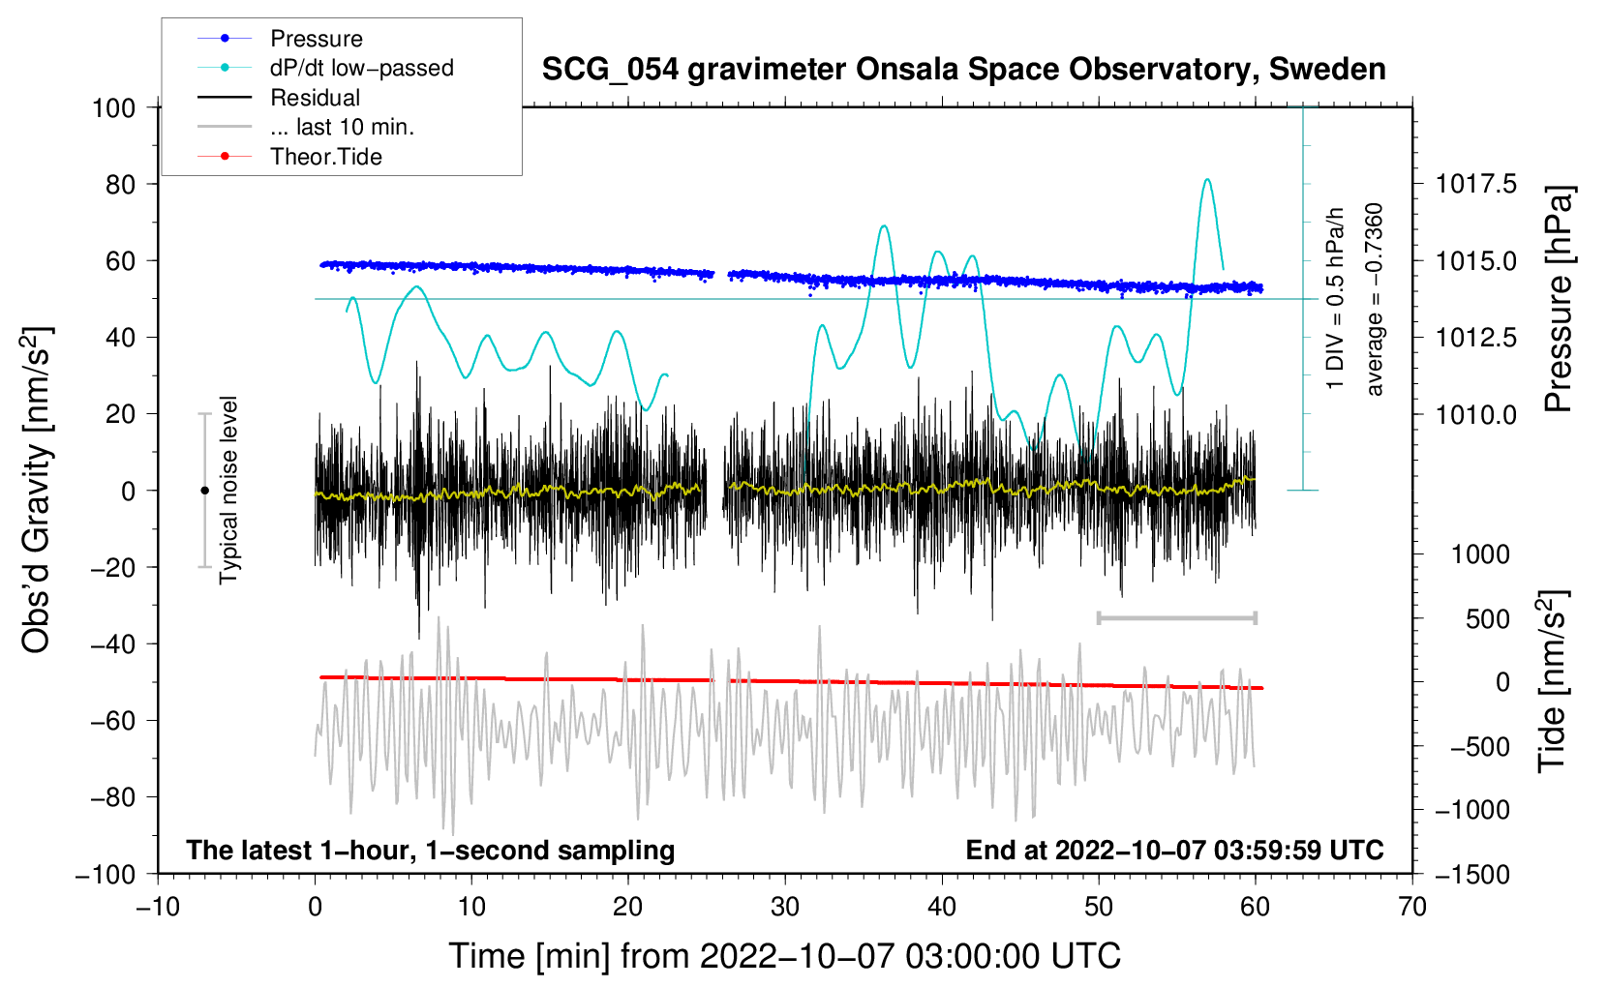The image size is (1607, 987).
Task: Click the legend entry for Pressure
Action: coord(280,38)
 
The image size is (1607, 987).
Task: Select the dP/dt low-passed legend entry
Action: coord(325,68)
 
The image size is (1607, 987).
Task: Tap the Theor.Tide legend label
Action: coord(289,157)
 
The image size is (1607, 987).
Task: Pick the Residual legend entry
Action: coord(279,98)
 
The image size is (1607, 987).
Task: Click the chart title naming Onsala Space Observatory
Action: coord(963,69)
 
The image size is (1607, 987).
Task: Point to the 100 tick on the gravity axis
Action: coord(113,108)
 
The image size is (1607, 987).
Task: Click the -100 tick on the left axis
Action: coord(106,875)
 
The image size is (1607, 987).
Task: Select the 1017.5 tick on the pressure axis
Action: coord(1475,185)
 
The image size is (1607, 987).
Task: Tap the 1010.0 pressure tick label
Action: coord(1475,414)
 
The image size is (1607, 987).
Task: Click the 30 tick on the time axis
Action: coord(785,908)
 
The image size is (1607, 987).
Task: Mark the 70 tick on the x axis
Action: coord(1411,908)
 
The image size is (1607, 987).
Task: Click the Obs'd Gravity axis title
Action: coord(36,490)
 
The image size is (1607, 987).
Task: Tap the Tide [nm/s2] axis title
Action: coord(1553,681)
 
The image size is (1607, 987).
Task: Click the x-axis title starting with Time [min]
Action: coord(784,956)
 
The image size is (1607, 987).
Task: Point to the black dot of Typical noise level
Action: coord(204,491)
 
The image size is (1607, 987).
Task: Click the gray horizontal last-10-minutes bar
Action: coord(1176,617)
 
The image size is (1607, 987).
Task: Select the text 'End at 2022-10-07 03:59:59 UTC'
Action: coord(1174,850)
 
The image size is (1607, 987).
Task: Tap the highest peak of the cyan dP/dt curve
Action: coord(1208,179)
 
